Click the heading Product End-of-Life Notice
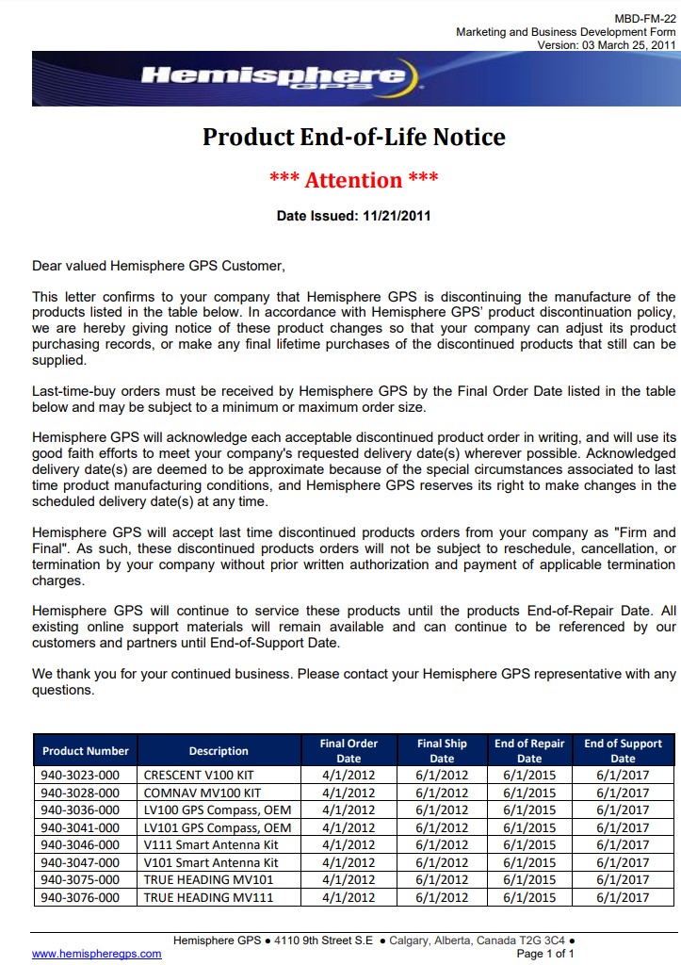click(x=354, y=137)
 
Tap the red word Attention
click(x=354, y=180)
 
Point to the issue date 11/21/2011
click(x=396, y=216)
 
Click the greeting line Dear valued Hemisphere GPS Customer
click(x=158, y=266)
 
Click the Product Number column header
click(x=86, y=751)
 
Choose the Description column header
click(x=219, y=751)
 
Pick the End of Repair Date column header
click(x=529, y=751)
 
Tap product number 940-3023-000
click(x=80, y=775)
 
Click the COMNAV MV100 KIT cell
click(x=203, y=793)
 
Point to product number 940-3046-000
click(x=80, y=845)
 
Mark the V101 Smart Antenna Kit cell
click(x=211, y=862)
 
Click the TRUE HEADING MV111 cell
click(x=208, y=897)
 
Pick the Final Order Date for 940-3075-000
click(x=349, y=880)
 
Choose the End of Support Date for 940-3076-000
click(x=623, y=897)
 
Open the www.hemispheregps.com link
click(x=97, y=954)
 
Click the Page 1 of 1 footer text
click(x=546, y=954)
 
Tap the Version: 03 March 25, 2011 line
click(x=607, y=45)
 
